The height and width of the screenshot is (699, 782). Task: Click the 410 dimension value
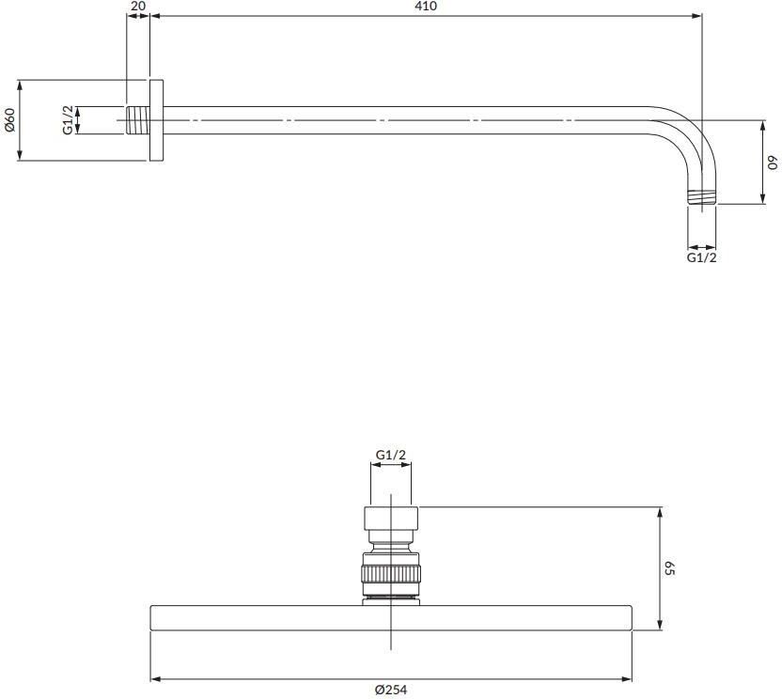426,6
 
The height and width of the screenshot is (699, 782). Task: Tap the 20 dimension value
138,6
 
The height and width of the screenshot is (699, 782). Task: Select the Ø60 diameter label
10,119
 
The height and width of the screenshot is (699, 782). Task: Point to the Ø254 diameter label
391,690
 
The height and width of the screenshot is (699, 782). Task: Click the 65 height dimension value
670,568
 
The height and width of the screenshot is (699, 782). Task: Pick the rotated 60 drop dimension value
773,163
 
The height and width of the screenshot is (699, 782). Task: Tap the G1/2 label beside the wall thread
68,119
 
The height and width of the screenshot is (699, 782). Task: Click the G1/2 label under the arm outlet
702,257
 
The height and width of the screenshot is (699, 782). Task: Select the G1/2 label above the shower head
390,455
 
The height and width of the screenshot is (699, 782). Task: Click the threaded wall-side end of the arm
137,120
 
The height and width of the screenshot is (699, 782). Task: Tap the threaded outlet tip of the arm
702,196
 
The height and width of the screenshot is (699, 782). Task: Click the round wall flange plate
156,120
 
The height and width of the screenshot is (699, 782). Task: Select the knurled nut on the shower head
391,573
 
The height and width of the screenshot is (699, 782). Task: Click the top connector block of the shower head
391,519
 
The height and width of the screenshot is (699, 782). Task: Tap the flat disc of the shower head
391,618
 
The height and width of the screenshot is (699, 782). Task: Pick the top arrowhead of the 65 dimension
660,512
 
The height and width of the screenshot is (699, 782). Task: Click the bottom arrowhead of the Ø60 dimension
20,156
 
